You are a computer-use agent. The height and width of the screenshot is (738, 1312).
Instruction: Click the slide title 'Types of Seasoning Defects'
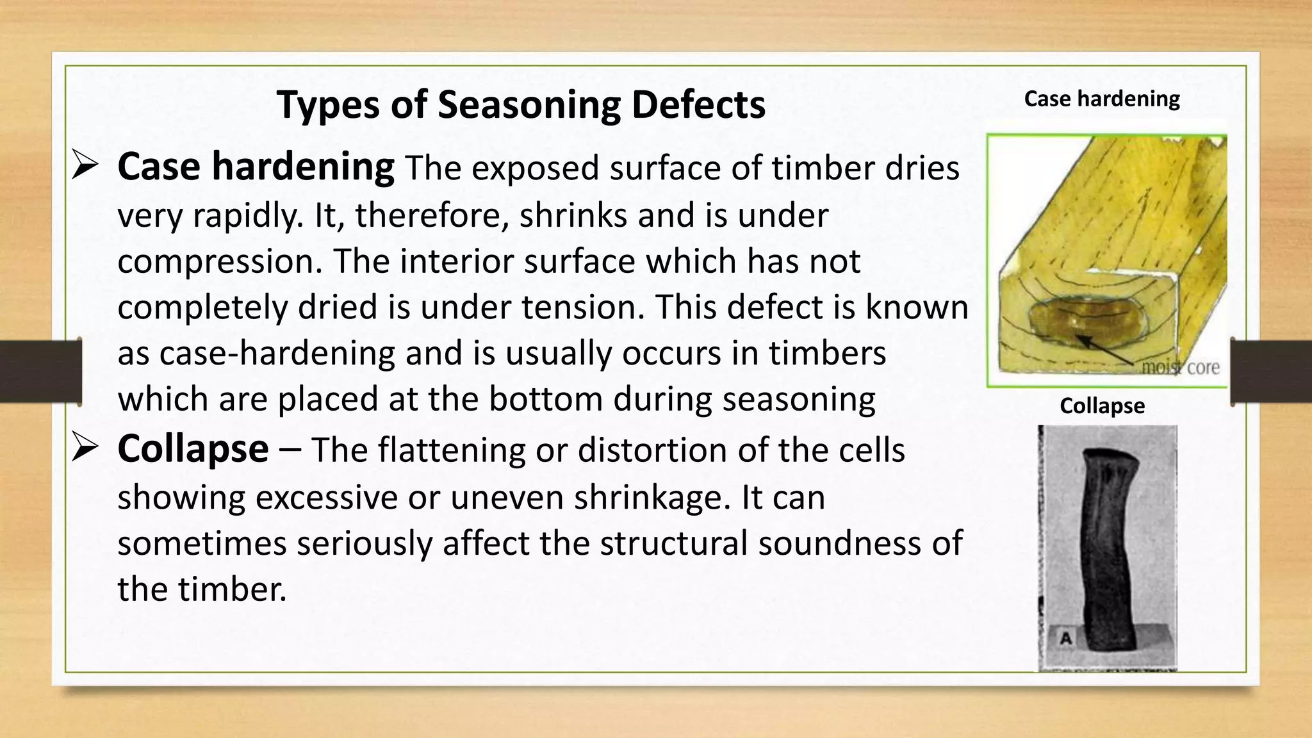click(x=521, y=104)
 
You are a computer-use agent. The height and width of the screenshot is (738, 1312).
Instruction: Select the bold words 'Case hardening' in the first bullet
click(x=256, y=167)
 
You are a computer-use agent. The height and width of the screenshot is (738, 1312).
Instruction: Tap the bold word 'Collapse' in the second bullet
click(x=193, y=448)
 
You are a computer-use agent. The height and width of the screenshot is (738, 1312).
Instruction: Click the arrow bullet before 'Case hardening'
click(x=85, y=165)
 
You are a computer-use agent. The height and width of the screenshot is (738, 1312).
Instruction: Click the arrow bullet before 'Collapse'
click(x=85, y=447)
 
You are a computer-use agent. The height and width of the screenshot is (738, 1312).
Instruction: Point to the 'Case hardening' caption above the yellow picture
click(x=1101, y=99)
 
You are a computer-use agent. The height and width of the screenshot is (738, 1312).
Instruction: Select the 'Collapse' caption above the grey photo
click(x=1102, y=406)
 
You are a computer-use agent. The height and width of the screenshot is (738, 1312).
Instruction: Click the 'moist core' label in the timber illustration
click(x=1181, y=368)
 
